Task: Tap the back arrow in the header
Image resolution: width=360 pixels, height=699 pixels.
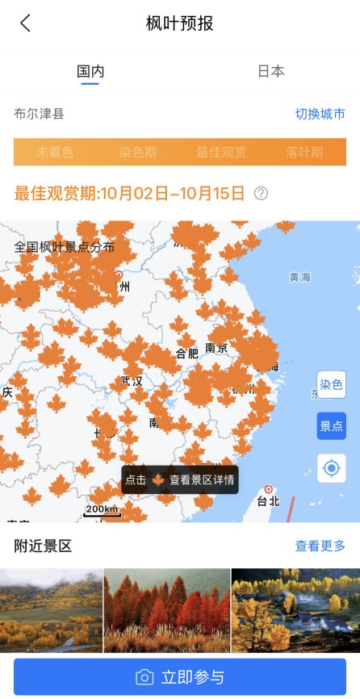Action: [x=26, y=23]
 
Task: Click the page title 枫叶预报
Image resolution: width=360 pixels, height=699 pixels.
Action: [x=180, y=23]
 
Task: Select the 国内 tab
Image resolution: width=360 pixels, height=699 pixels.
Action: [x=90, y=71]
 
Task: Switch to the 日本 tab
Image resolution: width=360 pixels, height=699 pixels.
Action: [x=270, y=71]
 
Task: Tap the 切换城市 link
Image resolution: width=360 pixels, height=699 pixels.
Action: [x=320, y=114]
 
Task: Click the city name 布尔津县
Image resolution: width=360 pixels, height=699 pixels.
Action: [x=39, y=114]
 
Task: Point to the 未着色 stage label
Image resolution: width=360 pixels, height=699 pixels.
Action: [x=55, y=152]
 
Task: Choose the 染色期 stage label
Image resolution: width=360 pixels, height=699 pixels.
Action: [x=138, y=152]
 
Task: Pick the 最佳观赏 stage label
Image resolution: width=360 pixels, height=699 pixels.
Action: [x=221, y=152]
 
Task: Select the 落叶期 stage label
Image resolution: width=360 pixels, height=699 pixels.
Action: [x=304, y=152]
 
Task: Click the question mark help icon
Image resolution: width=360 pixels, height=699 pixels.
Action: [x=261, y=193]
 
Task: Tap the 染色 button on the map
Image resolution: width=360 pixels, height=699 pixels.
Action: [x=331, y=385]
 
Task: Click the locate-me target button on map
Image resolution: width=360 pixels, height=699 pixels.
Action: [x=331, y=468]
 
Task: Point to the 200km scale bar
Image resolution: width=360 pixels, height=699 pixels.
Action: [x=103, y=511]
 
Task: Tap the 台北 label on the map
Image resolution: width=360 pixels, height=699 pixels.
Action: [x=266, y=500]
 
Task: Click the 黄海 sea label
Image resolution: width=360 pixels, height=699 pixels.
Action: [x=299, y=277]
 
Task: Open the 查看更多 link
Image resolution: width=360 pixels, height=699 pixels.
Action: [x=320, y=546]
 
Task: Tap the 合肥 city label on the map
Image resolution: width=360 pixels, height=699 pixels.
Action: [x=186, y=353]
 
